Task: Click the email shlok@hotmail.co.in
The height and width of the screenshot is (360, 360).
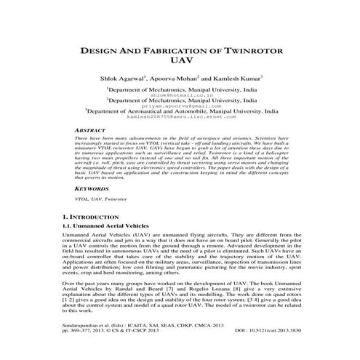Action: pyautogui.click(x=180, y=94)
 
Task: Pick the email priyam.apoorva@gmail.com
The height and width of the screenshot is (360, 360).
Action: pyautogui.click(x=180, y=106)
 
